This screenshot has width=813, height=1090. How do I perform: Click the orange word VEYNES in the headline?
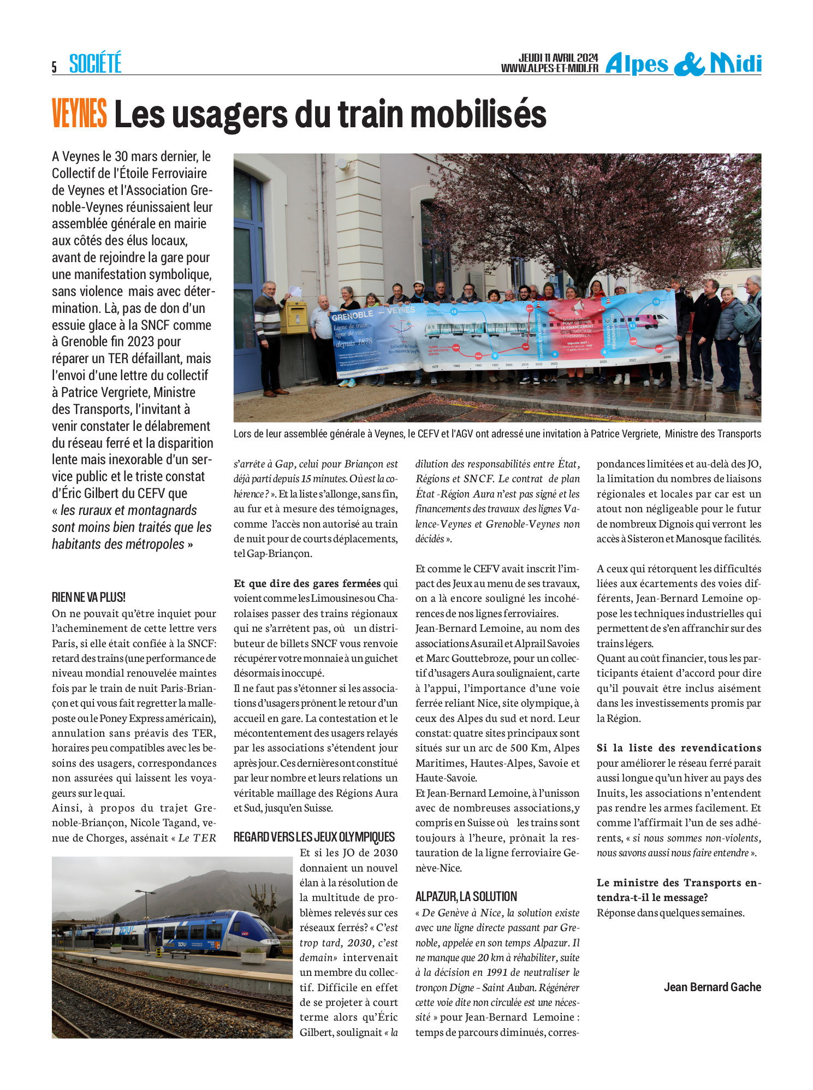(x=79, y=114)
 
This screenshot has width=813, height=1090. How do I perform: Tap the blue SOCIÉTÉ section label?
(x=95, y=63)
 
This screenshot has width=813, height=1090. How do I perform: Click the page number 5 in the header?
(x=54, y=67)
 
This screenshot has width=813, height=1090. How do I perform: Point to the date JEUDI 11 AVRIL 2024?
(x=558, y=58)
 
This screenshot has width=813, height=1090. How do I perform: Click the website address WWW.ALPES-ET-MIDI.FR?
(x=549, y=68)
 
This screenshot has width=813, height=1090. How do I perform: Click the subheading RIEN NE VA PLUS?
(x=88, y=597)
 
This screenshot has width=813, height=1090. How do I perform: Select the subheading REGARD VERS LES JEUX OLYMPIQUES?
(x=314, y=837)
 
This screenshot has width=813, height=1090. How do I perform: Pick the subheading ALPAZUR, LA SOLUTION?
(x=466, y=896)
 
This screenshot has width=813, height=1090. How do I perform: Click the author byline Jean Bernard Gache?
(x=712, y=987)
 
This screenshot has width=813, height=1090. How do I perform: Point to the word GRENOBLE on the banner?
(x=352, y=315)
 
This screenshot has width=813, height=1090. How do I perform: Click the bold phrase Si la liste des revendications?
(x=679, y=748)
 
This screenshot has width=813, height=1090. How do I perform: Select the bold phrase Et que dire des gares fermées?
(x=307, y=583)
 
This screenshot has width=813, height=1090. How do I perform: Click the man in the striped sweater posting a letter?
(x=268, y=336)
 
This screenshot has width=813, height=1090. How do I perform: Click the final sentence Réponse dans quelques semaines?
(x=670, y=912)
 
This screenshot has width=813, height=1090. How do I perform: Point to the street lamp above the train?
(x=145, y=893)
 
